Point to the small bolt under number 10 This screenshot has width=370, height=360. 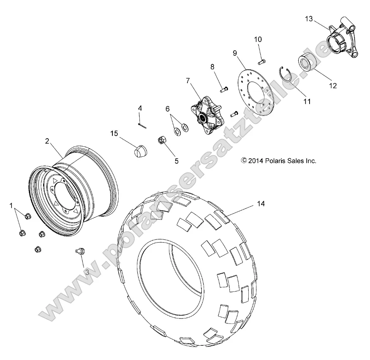(262, 61)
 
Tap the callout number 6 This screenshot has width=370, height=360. (167, 109)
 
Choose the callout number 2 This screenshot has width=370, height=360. (47, 141)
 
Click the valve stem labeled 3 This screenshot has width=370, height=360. (82, 252)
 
